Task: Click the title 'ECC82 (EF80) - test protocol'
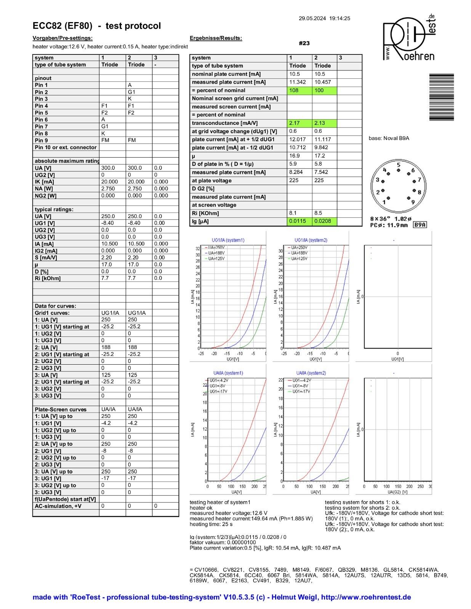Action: [97, 26]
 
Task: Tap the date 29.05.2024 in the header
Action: [312, 18]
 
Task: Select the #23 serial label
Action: [304, 43]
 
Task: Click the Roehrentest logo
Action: [409, 38]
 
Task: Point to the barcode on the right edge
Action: [441, 97]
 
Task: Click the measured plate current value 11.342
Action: [297, 82]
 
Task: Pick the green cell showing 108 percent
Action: [299, 91]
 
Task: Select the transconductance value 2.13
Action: [325, 123]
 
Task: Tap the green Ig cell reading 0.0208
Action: [325, 221]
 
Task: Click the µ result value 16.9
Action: [294, 156]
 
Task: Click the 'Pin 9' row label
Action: [42, 140]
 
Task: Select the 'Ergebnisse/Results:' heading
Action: [216, 38]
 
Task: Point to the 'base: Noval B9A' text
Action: [389, 138]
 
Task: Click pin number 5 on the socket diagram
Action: [399, 165]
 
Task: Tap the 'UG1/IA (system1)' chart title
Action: [228, 240]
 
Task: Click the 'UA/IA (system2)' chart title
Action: [311, 373]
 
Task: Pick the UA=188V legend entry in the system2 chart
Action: [299, 253]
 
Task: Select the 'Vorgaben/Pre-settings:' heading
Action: [62, 38]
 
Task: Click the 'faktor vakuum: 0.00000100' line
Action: [223, 542]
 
